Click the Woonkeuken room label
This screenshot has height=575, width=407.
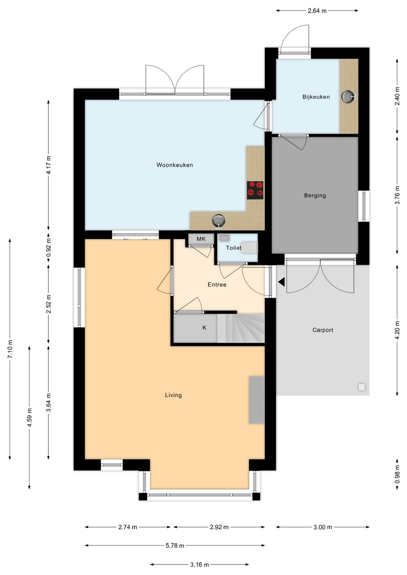pos(174,165)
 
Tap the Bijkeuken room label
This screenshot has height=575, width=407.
pos(316,97)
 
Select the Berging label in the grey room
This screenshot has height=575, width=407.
pos(315,196)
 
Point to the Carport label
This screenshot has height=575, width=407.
pos(323,330)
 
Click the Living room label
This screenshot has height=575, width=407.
pos(173,395)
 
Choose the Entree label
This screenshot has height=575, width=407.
pos(217,285)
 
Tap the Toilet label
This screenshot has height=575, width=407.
pos(233,248)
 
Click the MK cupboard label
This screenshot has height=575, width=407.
pos(201,239)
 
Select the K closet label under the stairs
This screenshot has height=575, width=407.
pos(204,328)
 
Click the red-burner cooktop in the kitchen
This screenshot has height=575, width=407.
pos(255,190)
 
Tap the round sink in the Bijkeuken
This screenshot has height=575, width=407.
pos(348,97)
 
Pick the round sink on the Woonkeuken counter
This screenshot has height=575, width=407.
pos(218,220)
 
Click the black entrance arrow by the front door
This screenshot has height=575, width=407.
pos(282,282)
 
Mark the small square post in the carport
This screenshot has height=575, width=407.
pos(361,387)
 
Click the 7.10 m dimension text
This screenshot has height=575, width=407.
pos(10,349)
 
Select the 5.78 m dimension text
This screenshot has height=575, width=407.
pos(174,546)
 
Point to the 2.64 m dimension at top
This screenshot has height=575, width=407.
pos(317,11)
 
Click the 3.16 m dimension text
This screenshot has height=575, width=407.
pos(199,565)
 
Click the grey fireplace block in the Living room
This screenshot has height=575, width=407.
pos(256,399)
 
